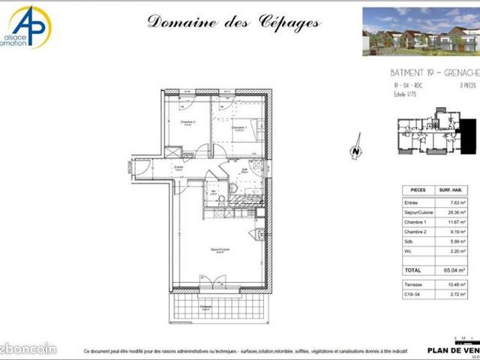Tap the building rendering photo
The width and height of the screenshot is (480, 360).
(x=420, y=31)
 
